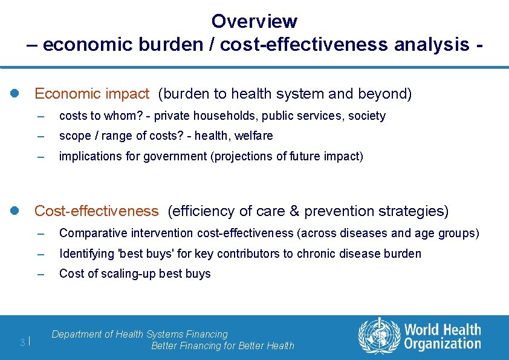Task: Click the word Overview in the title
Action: pos(254,21)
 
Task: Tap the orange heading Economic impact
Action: pos(91,94)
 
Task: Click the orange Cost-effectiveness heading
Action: pos(96,211)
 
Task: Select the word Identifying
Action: pos(87,254)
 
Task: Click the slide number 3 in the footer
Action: pos(22,343)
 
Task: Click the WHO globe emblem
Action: pos(379,336)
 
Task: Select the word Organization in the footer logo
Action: pos(443,344)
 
